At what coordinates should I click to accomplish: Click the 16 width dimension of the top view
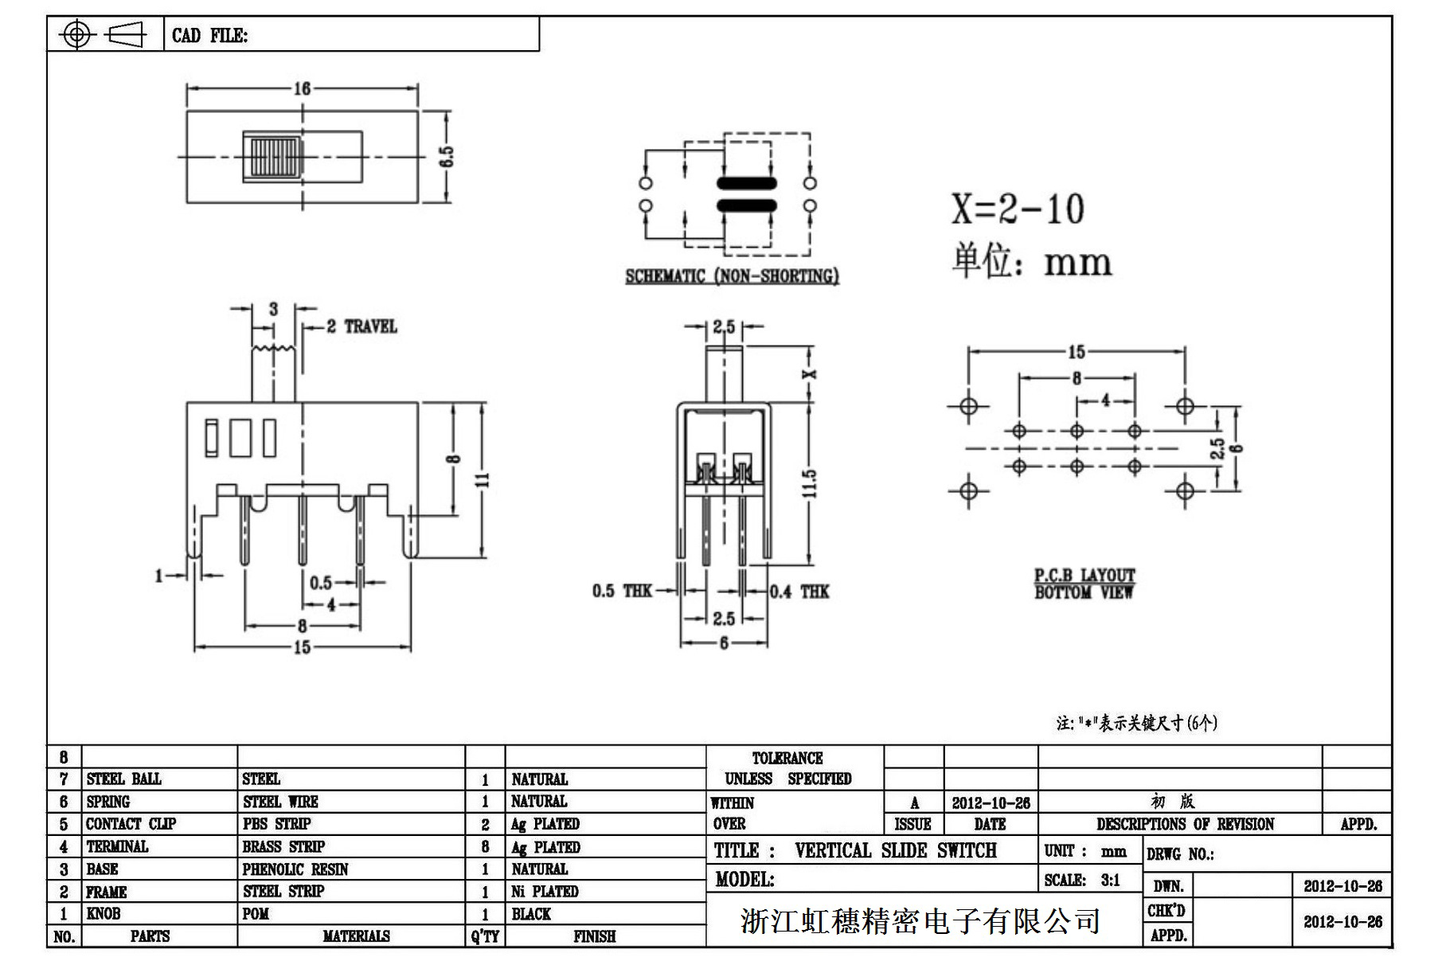pos(302,88)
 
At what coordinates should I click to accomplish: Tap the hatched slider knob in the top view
pos(273,157)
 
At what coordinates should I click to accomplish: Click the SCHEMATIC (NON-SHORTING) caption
pos(732,276)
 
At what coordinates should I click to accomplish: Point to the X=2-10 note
pos(1018,209)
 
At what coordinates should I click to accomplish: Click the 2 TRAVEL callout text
pos(361,326)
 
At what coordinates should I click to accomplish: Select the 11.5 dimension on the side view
pos(810,483)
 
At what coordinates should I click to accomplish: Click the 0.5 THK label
pos(621,591)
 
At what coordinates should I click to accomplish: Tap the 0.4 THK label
pos(799,591)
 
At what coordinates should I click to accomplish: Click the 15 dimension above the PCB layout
pos(1076,352)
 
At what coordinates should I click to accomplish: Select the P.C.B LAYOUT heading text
pos(1084,575)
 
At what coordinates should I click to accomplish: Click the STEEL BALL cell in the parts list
pos(123,779)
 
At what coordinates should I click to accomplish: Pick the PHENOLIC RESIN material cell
pos(295,869)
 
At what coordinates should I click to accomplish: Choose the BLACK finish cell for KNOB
pos(531,914)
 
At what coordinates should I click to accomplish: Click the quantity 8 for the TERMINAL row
pos(485,846)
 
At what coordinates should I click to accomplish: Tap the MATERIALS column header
pos(356,936)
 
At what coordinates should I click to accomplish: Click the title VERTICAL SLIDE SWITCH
pos(895,850)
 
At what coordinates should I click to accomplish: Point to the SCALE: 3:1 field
pos(1082,880)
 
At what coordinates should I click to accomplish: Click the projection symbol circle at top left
pos(76,34)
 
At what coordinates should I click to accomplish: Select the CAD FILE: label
pos(210,35)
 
